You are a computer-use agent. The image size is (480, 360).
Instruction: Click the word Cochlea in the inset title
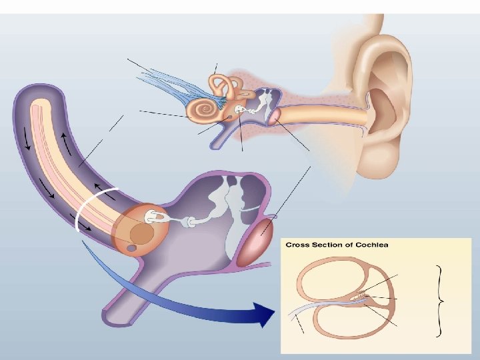tap(371, 245)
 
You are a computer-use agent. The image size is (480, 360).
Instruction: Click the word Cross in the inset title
tap(298, 245)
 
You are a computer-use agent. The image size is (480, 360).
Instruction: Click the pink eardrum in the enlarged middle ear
tap(257, 239)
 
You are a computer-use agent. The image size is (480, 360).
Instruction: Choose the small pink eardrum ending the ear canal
tap(274, 116)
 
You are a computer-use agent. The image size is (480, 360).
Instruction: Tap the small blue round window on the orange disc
tap(132, 247)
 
